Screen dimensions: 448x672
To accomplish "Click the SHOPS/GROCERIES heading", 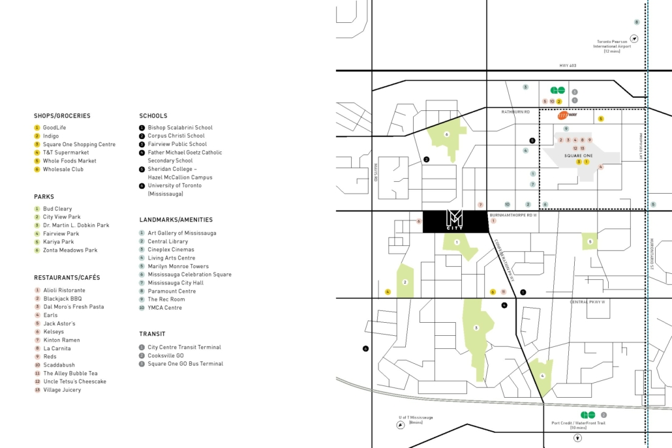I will [x=62, y=116].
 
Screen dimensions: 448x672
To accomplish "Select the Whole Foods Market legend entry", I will [x=69, y=161].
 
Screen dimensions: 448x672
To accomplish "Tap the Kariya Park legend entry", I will [x=59, y=242].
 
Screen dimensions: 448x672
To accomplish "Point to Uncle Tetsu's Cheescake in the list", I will [x=74, y=381].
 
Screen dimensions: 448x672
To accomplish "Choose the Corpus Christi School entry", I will [x=176, y=136].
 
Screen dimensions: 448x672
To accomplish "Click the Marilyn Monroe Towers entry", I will [x=178, y=266].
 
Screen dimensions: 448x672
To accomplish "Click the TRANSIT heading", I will [x=152, y=334].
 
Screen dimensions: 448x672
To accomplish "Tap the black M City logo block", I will [x=455, y=222].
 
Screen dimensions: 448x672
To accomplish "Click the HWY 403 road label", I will [x=568, y=66].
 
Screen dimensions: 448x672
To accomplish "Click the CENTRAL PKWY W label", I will [x=588, y=302].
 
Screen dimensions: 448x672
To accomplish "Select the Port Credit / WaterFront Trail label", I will [x=578, y=423].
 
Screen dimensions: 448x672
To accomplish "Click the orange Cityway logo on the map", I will [x=566, y=115].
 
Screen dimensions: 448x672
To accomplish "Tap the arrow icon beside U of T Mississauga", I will [x=400, y=424].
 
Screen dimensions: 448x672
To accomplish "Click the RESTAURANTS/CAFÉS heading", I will [x=67, y=278].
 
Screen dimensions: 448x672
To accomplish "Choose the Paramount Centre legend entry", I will [x=172, y=291].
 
